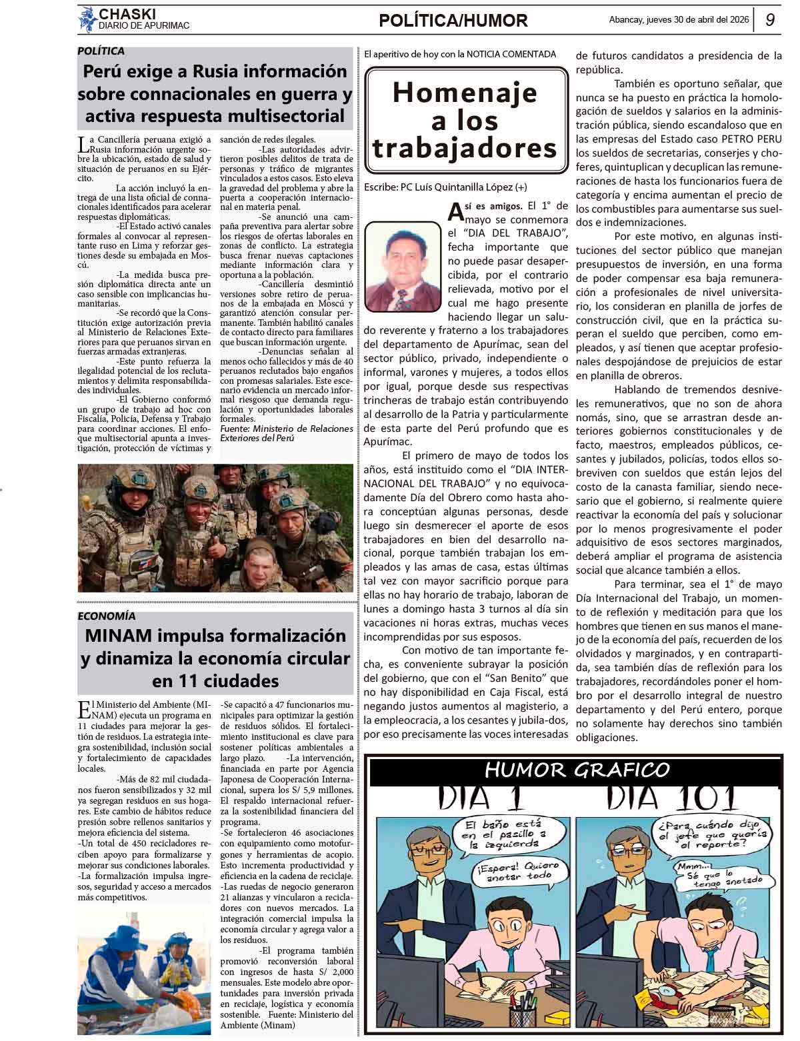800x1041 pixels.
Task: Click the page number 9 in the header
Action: pos(769,20)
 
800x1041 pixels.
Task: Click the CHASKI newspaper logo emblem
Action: pos(87,19)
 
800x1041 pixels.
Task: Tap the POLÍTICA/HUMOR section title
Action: pos(453,21)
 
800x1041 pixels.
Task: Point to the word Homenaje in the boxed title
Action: pos(465,92)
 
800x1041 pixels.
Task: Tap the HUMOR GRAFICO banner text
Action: pos(577,770)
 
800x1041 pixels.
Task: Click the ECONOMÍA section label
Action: pos(107,616)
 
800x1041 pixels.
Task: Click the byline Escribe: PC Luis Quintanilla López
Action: pos(445,187)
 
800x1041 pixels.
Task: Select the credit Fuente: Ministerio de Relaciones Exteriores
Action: pos(286,433)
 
